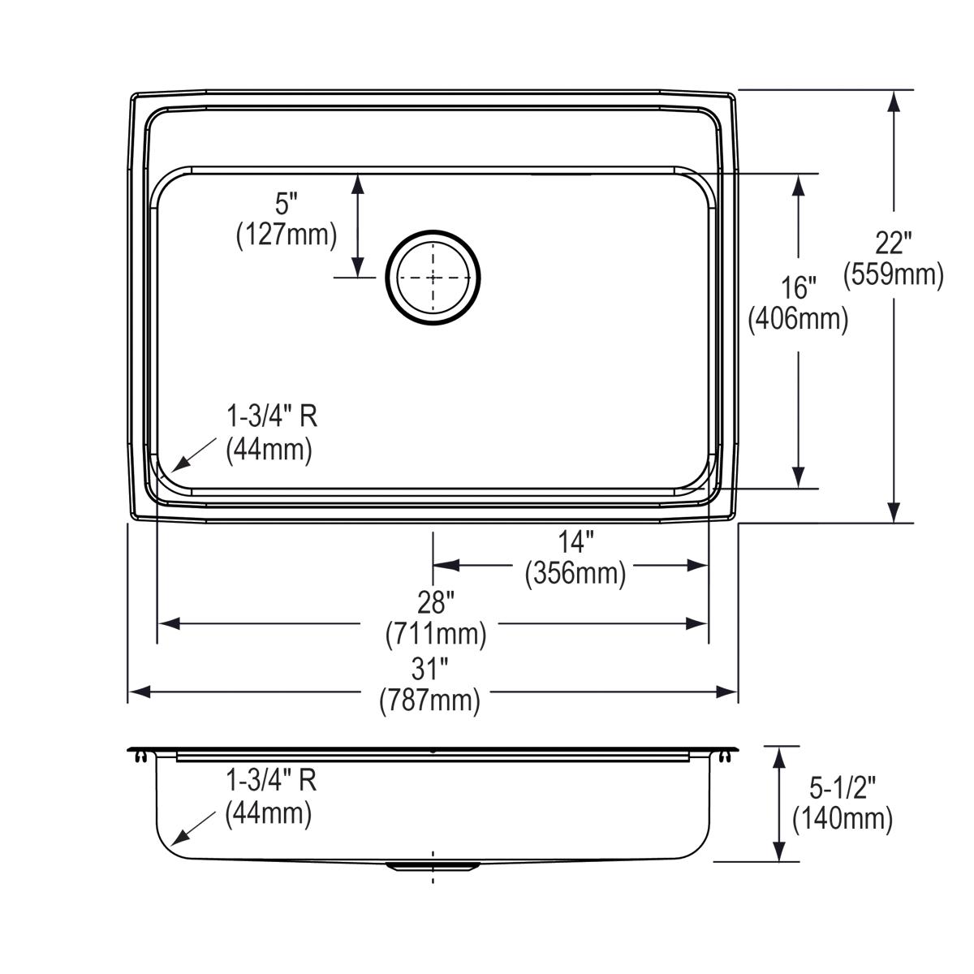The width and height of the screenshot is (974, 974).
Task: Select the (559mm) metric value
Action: click(893, 275)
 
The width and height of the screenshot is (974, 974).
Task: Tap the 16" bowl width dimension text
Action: click(798, 287)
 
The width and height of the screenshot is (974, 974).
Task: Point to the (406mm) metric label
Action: click(798, 319)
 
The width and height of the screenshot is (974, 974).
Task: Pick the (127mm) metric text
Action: click(287, 235)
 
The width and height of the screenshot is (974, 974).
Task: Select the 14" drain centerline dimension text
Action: click(575, 541)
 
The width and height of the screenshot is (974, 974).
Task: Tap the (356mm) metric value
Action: click(575, 573)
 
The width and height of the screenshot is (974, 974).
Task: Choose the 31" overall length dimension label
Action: click(429, 669)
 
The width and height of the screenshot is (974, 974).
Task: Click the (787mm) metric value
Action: click(429, 700)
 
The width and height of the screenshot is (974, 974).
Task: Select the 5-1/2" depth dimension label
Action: click(843, 787)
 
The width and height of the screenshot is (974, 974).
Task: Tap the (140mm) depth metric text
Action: click(843, 818)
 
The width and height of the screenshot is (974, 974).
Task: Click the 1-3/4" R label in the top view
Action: click(271, 417)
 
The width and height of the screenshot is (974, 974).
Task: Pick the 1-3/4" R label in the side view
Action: click(271, 781)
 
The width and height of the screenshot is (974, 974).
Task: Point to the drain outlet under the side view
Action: click(433, 867)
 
